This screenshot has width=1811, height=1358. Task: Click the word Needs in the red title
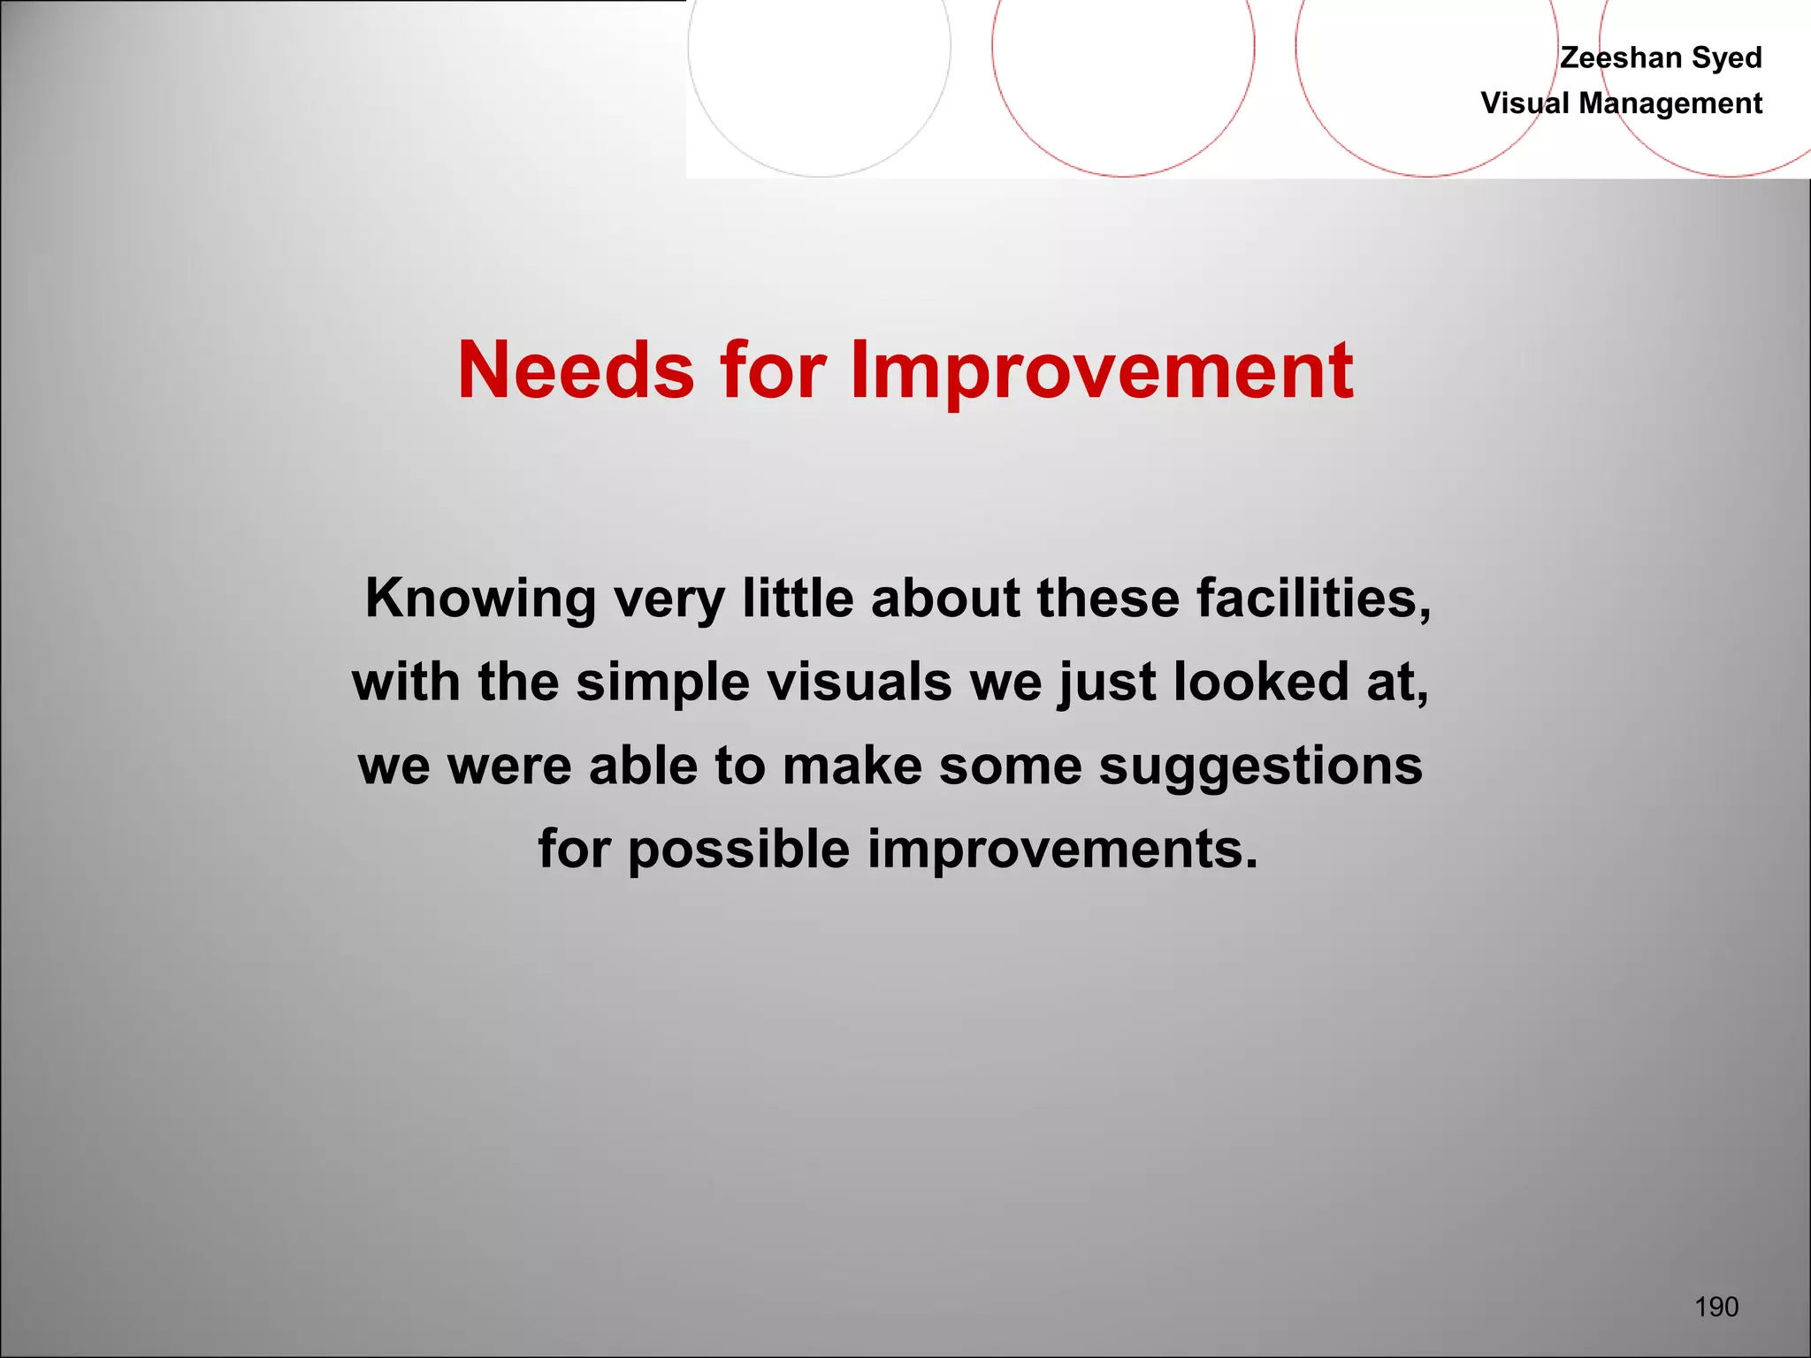(576, 370)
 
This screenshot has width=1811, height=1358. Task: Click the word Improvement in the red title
(1101, 372)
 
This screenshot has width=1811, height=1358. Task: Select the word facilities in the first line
(1312, 599)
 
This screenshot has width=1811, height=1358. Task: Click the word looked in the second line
(1261, 683)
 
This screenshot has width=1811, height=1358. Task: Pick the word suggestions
(1260, 767)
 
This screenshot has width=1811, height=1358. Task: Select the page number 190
(1716, 1307)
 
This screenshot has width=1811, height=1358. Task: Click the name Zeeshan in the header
(1620, 57)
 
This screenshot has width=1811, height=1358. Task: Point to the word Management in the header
(1670, 104)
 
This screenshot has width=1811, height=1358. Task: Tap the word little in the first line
(798, 599)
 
